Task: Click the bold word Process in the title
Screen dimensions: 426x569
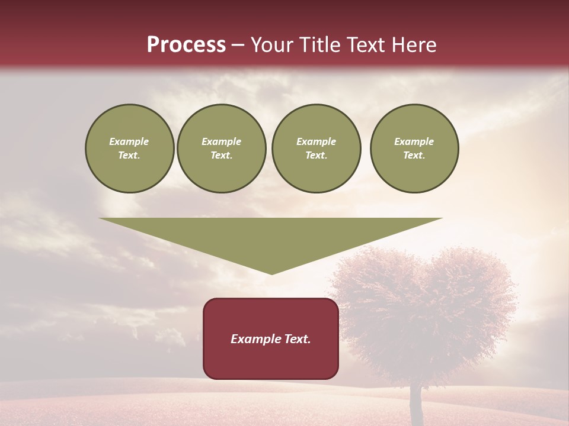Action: [186, 45]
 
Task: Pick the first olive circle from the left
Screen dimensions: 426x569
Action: [129, 149]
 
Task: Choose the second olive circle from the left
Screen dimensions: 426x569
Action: [222, 149]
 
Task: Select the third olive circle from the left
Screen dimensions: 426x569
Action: [316, 149]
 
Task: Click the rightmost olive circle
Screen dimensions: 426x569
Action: [414, 149]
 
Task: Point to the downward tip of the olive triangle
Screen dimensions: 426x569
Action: [272, 273]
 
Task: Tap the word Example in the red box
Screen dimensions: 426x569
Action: [256, 339]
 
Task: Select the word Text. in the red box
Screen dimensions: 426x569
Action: [298, 339]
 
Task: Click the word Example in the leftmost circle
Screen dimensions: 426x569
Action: [129, 141]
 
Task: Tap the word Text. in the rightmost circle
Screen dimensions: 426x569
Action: [414, 156]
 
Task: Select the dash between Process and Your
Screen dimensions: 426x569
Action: [238, 45]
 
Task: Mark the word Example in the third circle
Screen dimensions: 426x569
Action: [316, 141]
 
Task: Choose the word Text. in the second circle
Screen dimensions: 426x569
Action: [222, 156]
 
